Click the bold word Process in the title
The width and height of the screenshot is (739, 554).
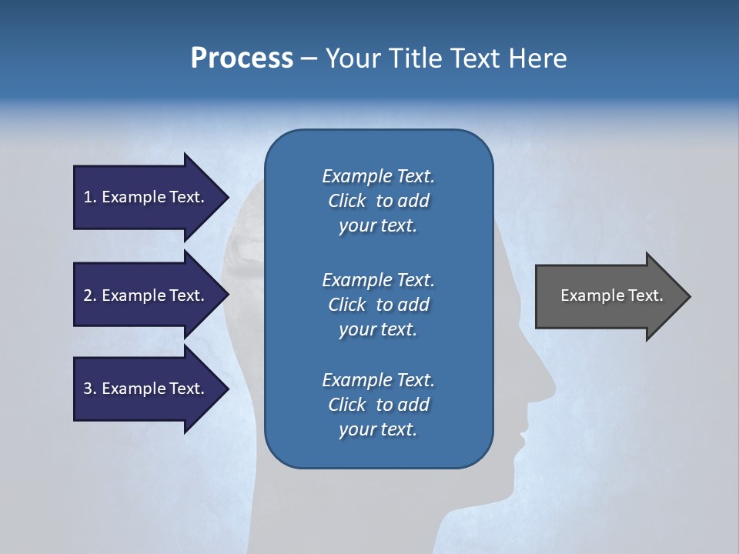[242, 58]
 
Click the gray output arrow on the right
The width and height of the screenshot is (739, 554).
[608, 295]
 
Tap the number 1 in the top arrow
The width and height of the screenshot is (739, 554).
[88, 197]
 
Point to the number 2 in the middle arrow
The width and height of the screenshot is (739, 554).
[88, 295]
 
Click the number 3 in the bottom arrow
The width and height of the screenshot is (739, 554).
[88, 389]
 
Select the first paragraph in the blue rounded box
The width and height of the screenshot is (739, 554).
[378, 201]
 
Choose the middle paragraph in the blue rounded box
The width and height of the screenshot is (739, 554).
[378, 305]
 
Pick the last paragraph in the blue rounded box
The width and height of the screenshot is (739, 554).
[378, 405]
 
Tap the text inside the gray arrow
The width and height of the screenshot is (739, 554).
[611, 295]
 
